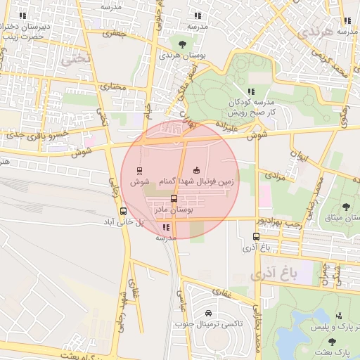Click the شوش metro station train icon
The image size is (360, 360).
pos(139,170)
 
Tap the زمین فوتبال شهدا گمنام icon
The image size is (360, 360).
pos(196,170)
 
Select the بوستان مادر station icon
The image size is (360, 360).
pos(174,198)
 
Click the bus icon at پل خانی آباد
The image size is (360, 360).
pos(124,210)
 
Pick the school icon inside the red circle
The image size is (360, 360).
pos(166,227)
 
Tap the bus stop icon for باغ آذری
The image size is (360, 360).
pos(255,237)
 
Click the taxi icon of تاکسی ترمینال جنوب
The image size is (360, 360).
pos(207,313)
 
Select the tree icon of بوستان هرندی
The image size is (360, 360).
pos(182,44)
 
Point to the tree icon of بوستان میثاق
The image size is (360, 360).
pos(345,206)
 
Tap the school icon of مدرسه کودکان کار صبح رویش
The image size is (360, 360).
pos(250,91)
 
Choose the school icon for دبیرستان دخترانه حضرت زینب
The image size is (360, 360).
pos(22,15)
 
